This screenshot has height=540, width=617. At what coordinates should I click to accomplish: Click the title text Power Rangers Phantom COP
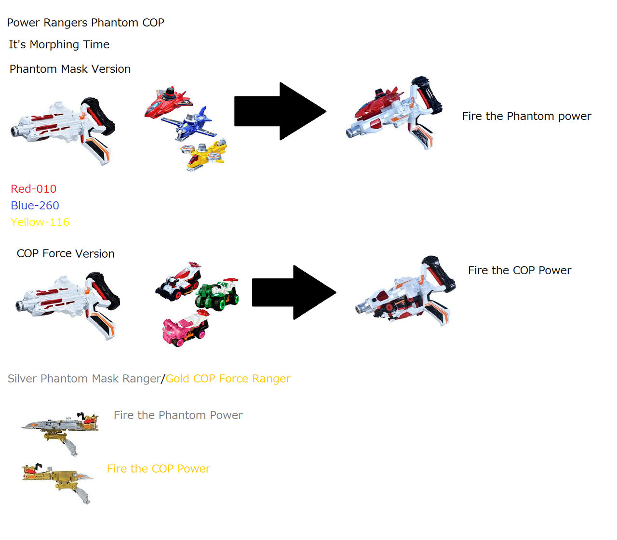click(x=85, y=23)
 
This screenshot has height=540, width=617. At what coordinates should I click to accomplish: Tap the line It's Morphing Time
click(x=59, y=44)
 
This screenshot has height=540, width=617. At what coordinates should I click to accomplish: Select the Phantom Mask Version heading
click(x=70, y=69)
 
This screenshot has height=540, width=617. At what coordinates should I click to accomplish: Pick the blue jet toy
click(x=188, y=123)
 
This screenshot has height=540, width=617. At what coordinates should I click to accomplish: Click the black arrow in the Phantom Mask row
click(x=280, y=111)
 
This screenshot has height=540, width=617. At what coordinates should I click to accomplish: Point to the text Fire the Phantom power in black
click(x=526, y=116)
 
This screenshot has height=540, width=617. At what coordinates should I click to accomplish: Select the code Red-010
click(x=33, y=189)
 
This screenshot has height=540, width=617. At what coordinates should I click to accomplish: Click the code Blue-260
click(x=35, y=205)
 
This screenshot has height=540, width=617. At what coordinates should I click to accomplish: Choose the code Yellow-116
click(x=40, y=222)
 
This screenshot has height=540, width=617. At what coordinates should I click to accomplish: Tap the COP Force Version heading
click(x=66, y=253)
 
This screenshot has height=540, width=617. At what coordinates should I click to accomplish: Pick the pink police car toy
click(x=185, y=328)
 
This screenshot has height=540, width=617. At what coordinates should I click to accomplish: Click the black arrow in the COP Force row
click(x=294, y=292)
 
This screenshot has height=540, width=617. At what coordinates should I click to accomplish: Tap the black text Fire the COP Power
click(x=519, y=270)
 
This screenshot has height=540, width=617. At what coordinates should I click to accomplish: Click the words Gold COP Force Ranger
click(x=228, y=379)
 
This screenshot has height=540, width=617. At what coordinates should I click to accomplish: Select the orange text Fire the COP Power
click(x=158, y=469)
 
